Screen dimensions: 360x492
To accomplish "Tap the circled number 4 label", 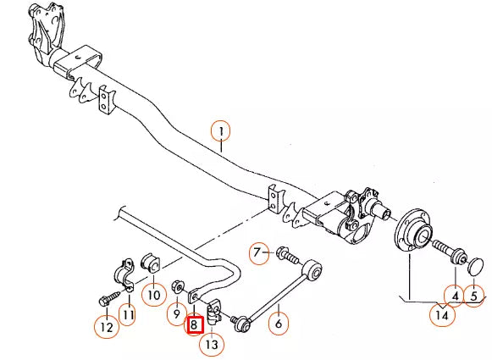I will pos(454,296).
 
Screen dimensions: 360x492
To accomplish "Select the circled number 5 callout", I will pos(473,296).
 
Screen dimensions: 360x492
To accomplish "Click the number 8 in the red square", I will pos(194,324).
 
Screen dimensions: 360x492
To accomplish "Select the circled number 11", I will pos(127,316).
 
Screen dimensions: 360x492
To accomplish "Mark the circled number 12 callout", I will pos(105,325).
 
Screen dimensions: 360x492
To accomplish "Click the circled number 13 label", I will pos(211,344).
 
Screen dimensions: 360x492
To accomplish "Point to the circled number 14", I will pos(441,316).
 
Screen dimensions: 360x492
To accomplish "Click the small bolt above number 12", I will pos(108,299).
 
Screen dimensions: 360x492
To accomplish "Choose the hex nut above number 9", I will pos(179,286).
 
